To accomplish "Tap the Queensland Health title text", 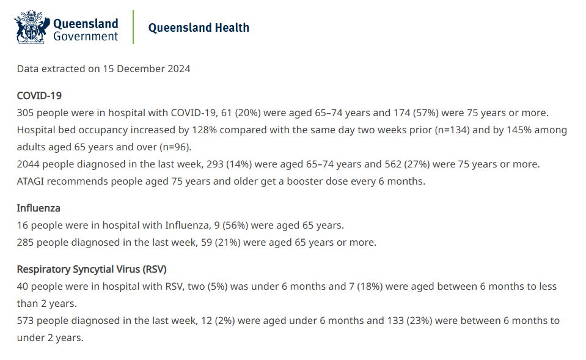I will coord(199,28).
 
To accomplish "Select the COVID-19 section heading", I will coord(39,95).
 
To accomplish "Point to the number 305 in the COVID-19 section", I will coord(26,113).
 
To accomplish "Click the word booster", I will coord(285,182).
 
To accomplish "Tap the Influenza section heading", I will coord(38,208).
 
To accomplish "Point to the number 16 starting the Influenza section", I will coord(23,225).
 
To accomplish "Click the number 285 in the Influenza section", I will coord(26,242).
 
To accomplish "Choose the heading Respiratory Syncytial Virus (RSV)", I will coord(92,269).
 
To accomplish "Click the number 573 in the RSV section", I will coord(26,320).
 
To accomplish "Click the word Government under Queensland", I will coord(86,36).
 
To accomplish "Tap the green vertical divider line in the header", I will coord(133,27).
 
